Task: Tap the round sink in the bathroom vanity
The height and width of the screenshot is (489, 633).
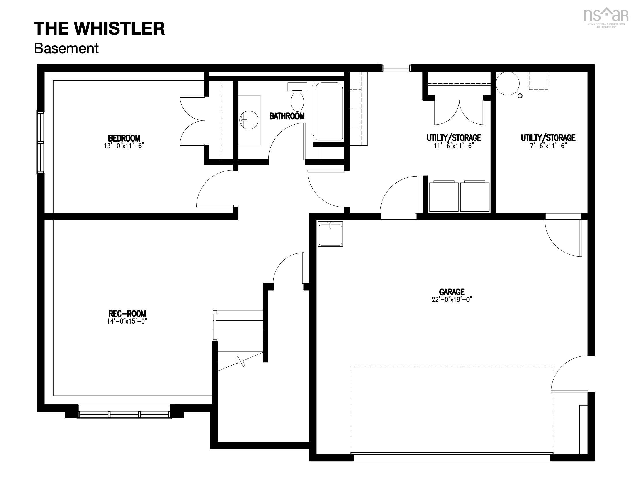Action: click(249, 120)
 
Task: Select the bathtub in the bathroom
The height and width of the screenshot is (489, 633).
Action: click(329, 112)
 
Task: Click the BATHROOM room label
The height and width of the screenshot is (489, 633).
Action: click(287, 116)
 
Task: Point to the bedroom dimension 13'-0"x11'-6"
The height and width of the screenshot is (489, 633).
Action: click(124, 146)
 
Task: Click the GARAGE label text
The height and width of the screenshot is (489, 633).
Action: click(452, 291)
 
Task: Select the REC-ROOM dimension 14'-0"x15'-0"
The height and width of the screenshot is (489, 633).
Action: click(127, 321)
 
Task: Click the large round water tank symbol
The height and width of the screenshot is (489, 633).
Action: click(508, 83)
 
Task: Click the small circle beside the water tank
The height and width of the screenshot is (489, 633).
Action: click(520, 96)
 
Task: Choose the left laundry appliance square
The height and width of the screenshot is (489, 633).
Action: click(444, 197)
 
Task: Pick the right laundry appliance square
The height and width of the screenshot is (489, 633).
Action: click(475, 197)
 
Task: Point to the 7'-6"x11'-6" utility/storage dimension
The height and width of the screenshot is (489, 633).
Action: click(548, 146)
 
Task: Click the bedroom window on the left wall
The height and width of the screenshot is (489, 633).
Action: click(40, 142)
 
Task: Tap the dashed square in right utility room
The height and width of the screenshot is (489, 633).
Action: click(539, 81)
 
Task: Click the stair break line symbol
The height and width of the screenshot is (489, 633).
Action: click(241, 362)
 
